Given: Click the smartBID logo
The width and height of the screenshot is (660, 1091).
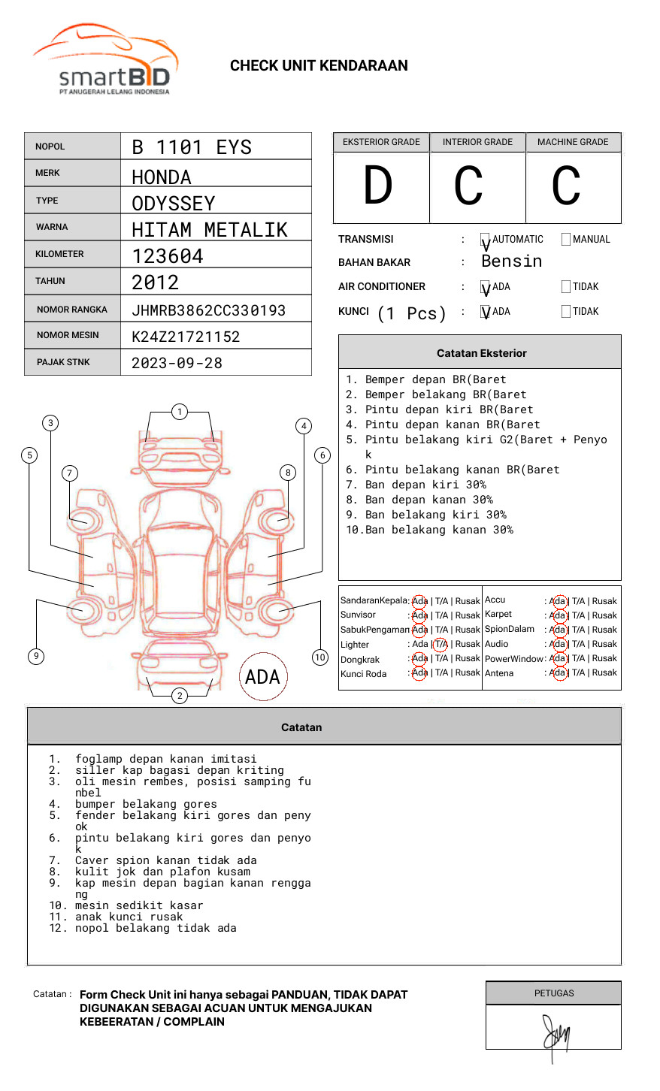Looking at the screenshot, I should pyautogui.click(x=105, y=61).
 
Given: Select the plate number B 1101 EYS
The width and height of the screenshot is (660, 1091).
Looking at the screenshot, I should pyautogui.click(x=192, y=147).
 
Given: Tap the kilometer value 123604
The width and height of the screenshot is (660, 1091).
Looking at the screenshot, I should pyautogui.click(x=168, y=256).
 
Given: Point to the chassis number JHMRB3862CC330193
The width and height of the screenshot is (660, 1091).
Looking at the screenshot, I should pyautogui.click(x=208, y=310).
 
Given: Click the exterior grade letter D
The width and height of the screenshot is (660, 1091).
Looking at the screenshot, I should pyautogui.click(x=378, y=186).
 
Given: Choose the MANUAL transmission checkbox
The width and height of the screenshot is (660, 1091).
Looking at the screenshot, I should pyautogui.click(x=566, y=240).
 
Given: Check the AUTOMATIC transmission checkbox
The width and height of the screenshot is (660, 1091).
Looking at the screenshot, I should pyautogui.click(x=486, y=240).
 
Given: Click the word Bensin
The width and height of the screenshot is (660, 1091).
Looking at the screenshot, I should pyautogui.click(x=511, y=261).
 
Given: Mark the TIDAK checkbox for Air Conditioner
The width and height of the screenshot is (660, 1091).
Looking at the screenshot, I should pyautogui.click(x=566, y=287).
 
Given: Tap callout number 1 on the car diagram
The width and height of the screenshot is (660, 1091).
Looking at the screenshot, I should pyautogui.click(x=179, y=412).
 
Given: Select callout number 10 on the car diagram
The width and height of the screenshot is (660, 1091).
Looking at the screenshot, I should pyautogui.click(x=320, y=657).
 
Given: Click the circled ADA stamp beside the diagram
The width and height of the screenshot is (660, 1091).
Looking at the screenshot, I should pyautogui.click(x=262, y=677).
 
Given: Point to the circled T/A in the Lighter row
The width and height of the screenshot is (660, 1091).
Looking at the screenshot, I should pyautogui.click(x=441, y=644).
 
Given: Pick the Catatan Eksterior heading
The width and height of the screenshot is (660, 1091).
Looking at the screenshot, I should pyautogui.click(x=481, y=353).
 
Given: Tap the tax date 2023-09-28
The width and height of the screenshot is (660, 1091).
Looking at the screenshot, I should pyautogui.click(x=177, y=364).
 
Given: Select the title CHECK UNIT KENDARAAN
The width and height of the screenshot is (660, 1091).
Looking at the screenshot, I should pyautogui.click(x=319, y=66).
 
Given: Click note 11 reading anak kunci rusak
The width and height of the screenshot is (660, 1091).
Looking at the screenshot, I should pyautogui.click(x=129, y=917).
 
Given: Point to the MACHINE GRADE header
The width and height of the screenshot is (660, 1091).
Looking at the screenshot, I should pyautogui.click(x=573, y=142).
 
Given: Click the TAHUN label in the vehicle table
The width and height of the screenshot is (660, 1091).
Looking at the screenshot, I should pyautogui.click(x=50, y=281).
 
